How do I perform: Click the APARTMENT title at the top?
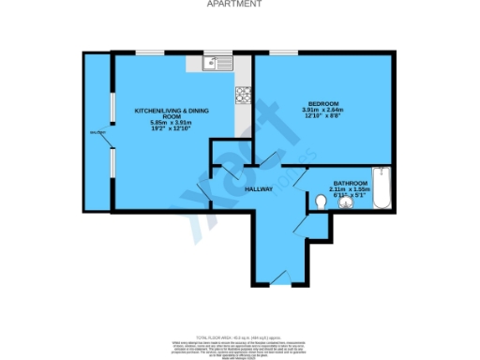(x=239, y=4)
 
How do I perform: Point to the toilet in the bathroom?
(x=321, y=201)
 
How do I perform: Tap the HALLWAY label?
(x=258, y=188)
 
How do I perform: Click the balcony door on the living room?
(x=112, y=141)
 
